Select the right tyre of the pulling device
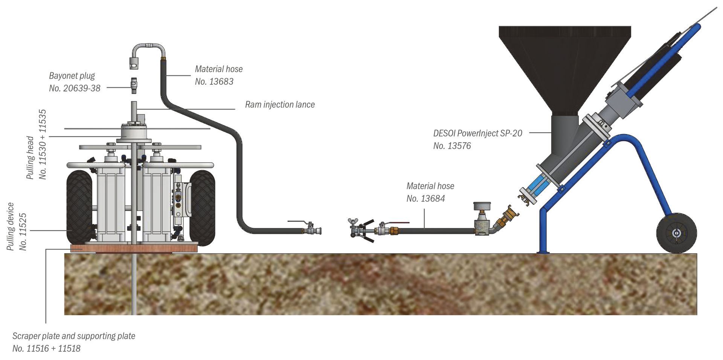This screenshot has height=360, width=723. point(202,208)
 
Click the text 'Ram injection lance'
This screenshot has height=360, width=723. point(280,104)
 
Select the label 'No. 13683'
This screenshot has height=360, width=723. point(214,81)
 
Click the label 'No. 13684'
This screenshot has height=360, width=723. point(426,198)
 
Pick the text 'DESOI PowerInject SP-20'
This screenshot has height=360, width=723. point(477,133)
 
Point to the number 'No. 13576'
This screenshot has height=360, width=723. point(452,146)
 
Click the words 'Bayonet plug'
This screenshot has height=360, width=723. point(72,76)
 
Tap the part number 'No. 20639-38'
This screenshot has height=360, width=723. point(75,88)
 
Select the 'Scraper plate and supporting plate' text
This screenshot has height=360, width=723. point(74,336)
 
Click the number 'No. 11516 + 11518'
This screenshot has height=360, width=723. point(46,348)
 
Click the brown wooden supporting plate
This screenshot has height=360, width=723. point(134,248)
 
